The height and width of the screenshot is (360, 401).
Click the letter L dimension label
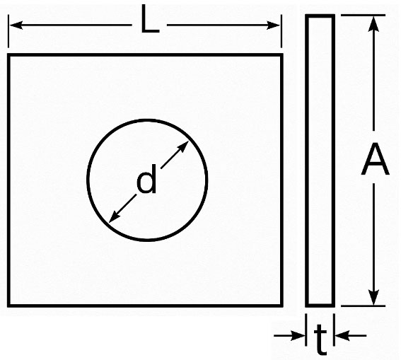click(150, 19)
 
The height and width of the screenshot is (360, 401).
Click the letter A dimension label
click(375, 158)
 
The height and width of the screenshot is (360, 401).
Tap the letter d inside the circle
click(146, 179)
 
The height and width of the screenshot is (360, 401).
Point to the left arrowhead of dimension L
click(16, 25)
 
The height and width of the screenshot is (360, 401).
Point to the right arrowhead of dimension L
click(273, 25)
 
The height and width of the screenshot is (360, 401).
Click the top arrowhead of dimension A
click(374, 23)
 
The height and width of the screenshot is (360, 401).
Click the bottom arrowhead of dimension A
click(374, 297)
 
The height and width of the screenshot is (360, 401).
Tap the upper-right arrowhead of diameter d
click(182, 147)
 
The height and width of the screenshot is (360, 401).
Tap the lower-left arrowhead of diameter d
click(115, 216)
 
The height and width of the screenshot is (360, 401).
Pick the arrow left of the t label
click(289, 335)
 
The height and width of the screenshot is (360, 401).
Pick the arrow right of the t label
click(351, 335)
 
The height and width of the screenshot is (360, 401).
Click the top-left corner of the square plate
click(8, 54)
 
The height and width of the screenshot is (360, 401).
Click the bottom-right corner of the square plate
click(281, 306)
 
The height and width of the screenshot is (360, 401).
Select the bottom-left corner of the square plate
click(8, 306)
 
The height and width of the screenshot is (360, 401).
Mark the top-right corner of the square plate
click(281, 54)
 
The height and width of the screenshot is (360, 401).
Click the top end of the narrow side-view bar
click(320, 16)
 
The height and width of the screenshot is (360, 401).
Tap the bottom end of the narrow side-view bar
click(320, 306)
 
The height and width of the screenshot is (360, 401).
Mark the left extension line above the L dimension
click(8, 31)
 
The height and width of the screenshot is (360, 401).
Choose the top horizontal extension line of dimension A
click(363, 16)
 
